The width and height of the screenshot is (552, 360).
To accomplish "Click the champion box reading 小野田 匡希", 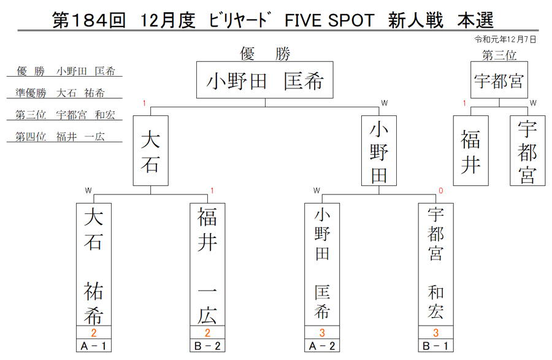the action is (x=265, y=80).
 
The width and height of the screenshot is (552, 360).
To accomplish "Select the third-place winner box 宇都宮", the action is (x=499, y=80).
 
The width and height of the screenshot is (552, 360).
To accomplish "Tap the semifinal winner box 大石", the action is (x=151, y=151).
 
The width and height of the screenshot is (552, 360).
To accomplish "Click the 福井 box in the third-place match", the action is (x=470, y=151).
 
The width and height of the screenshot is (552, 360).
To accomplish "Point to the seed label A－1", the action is (x=94, y=346).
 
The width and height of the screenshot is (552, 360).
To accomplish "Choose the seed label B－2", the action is (x=207, y=346).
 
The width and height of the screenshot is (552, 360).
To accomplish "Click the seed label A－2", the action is (x=322, y=346).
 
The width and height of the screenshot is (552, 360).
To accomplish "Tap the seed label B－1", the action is (x=436, y=346).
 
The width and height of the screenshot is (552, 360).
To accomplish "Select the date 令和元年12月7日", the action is (x=505, y=39).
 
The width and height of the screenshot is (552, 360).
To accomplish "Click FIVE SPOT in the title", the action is (x=329, y=20).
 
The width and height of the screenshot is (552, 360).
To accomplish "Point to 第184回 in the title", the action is (x=89, y=20).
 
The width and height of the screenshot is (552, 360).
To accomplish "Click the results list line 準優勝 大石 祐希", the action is (x=60, y=93).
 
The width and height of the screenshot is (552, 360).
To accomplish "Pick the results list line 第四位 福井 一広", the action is (x=60, y=137).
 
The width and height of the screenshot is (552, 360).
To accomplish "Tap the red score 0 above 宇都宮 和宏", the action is (x=440, y=191).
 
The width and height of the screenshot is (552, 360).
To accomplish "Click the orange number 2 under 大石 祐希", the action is (x=94, y=332).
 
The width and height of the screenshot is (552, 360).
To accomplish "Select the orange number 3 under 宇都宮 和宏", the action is (x=436, y=332).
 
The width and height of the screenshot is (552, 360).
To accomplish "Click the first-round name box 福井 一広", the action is (x=207, y=264).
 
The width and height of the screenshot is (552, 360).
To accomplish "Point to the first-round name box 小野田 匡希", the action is (x=322, y=264).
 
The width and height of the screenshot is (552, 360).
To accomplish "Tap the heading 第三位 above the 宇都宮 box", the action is (x=499, y=55).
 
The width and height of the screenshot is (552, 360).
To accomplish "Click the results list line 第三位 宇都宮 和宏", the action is (x=65, y=115).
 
